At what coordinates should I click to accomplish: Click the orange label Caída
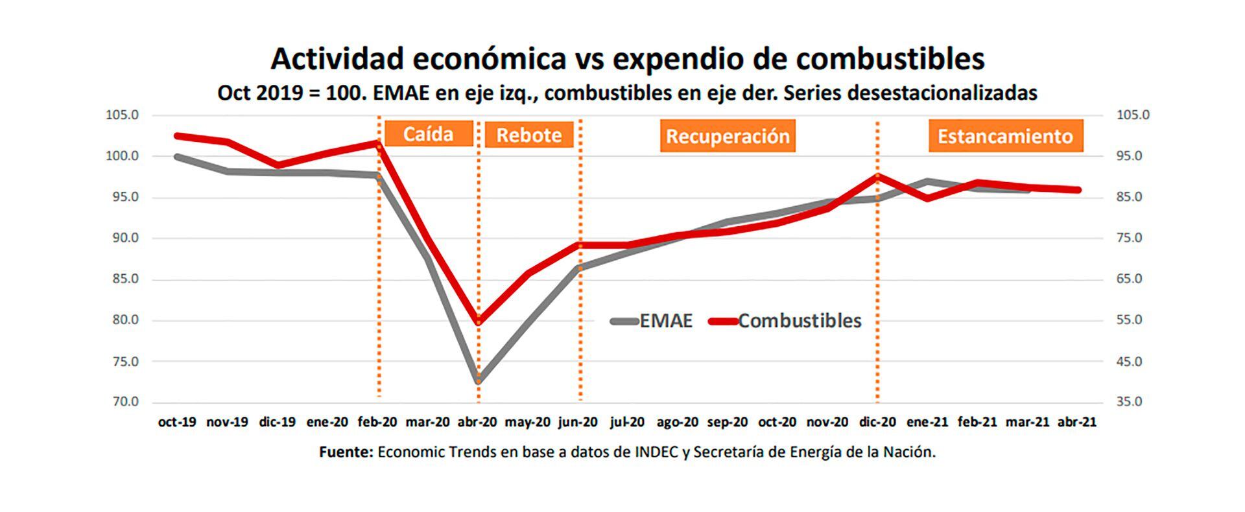click(428, 134)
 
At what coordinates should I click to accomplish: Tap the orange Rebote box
click(528, 135)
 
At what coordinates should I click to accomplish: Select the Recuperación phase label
click(728, 136)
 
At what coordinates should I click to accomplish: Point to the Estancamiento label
click(1005, 136)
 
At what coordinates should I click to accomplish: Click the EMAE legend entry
click(652, 321)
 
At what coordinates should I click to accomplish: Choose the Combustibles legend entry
click(786, 321)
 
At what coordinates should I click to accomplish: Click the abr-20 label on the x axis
click(477, 422)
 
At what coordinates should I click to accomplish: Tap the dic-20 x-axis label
click(877, 422)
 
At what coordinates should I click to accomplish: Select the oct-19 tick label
click(177, 422)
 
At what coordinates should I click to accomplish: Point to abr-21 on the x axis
click(1077, 422)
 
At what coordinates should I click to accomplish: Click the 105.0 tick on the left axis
click(122, 115)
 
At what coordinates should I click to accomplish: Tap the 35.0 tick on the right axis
click(1129, 402)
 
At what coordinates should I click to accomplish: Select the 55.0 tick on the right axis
click(1129, 320)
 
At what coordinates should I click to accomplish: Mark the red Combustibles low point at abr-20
click(479, 321)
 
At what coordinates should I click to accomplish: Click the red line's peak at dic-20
click(877, 176)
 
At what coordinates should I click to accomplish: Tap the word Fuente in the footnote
click(346, 452)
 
